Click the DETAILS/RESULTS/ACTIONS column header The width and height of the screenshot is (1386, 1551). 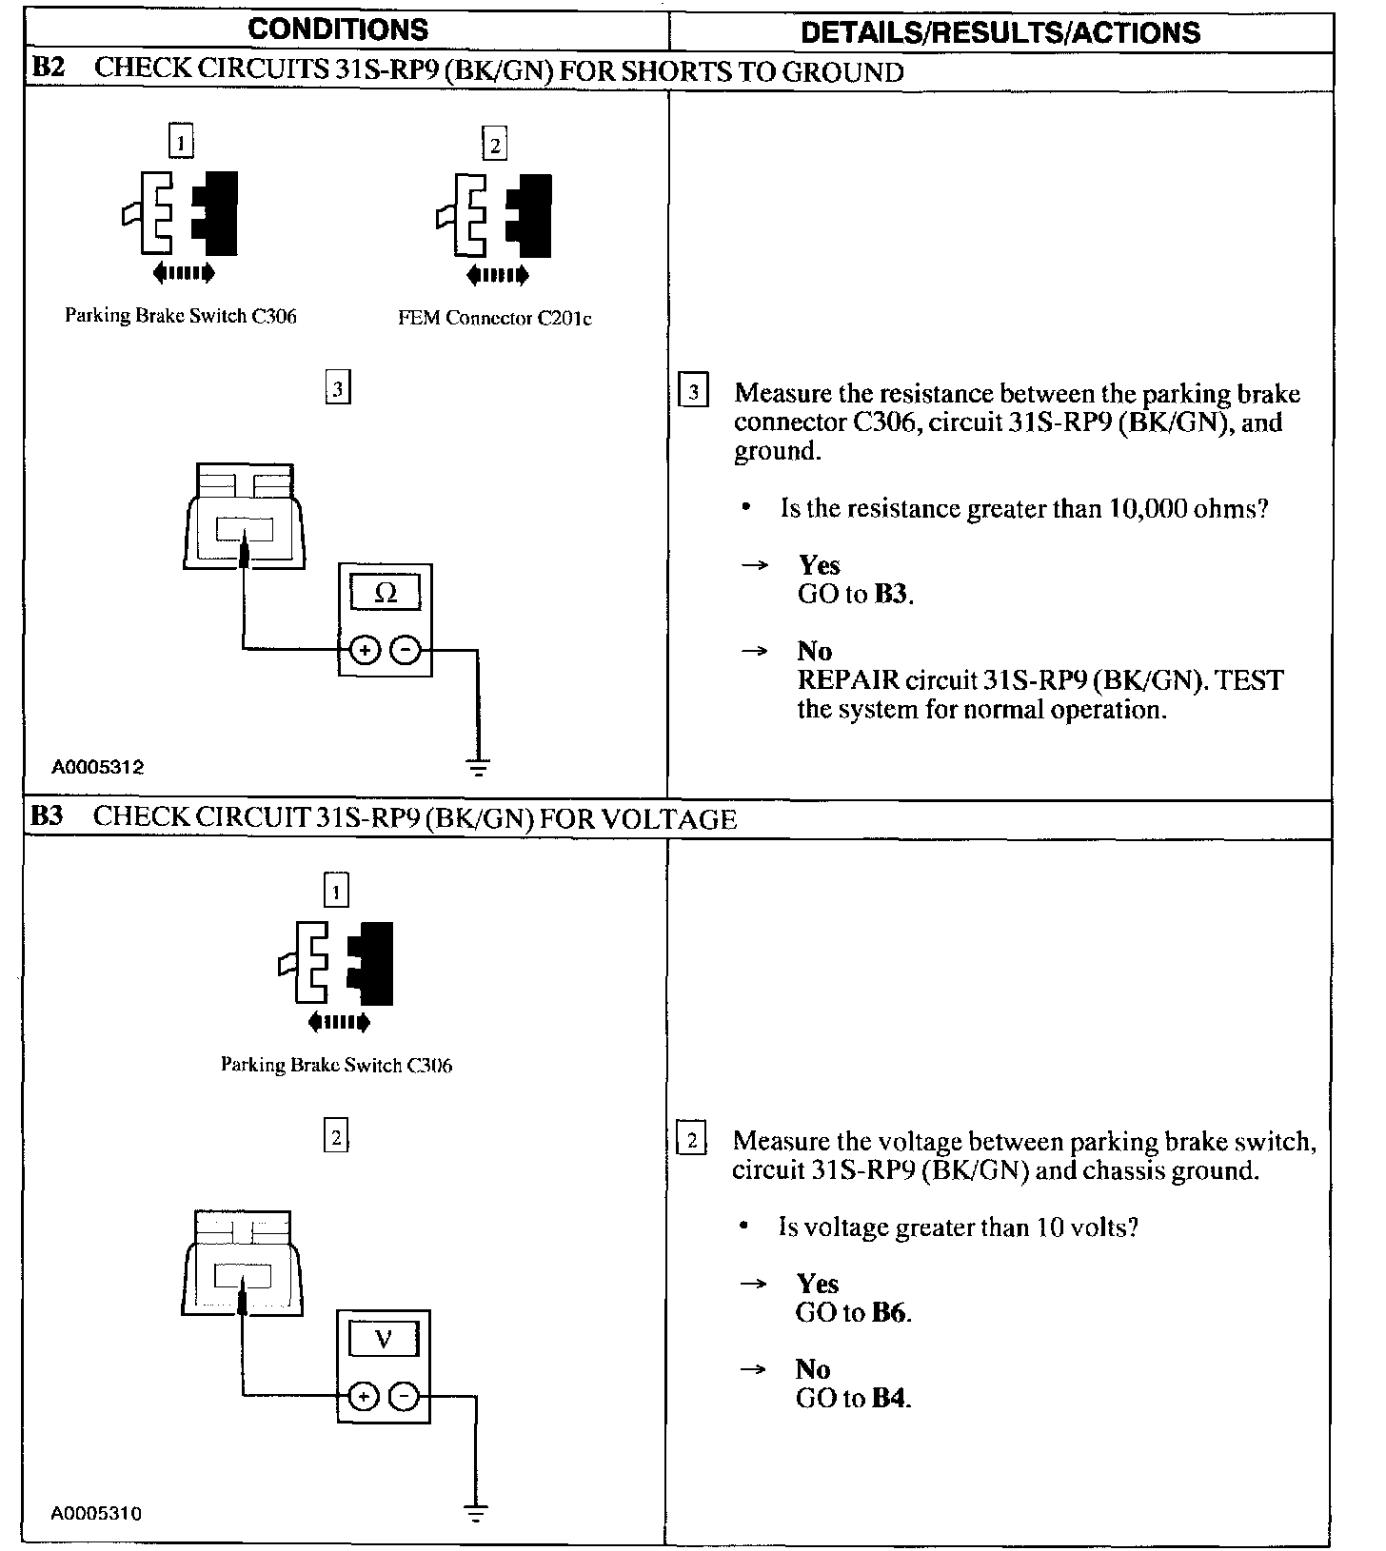1000,32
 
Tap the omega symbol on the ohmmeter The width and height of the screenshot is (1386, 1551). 386,594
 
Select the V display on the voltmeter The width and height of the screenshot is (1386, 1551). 384,1340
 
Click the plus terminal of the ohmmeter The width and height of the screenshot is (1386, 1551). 364,650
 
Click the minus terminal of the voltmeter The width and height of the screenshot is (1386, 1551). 405,1397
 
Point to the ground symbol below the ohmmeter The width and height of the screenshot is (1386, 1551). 479,766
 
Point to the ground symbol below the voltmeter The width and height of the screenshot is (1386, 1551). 478,1513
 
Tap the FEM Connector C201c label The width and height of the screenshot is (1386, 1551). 494,319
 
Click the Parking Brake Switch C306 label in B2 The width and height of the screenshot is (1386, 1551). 181,316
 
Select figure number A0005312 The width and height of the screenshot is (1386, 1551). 98,767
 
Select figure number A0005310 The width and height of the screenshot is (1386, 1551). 97,1514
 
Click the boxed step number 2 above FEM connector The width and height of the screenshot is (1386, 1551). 494,145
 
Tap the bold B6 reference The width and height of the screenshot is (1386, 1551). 891,1313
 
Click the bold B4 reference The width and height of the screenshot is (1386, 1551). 891,1399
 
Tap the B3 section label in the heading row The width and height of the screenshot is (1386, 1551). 47,818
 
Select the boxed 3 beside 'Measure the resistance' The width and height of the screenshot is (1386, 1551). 693,393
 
